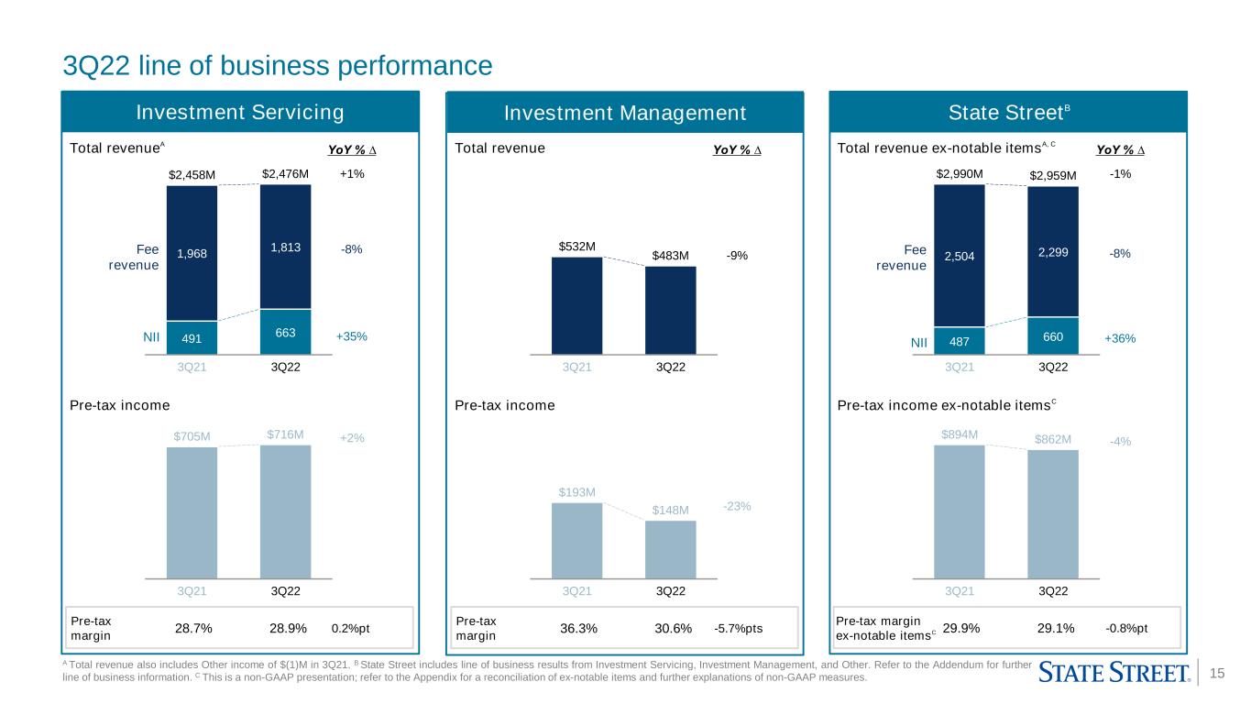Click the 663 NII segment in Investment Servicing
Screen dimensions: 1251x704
(285, 332)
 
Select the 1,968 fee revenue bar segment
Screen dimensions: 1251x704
(192, 253)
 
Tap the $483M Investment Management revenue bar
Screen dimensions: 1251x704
(670, 310)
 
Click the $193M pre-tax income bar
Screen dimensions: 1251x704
(576, 541)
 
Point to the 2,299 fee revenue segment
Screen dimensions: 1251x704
(1053, 251)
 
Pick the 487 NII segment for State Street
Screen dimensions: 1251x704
(959, 341)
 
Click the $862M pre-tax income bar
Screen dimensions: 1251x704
(1053, 514)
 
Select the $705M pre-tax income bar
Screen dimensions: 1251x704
(192, 513)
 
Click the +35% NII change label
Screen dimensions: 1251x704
(351, 336)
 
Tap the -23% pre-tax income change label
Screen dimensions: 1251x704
(737, 506)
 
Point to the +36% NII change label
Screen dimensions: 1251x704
(1120, 338)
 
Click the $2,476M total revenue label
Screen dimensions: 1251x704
(285, 174)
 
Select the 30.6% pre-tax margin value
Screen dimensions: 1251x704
(673, 628)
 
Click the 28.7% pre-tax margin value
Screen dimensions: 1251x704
(193, 628)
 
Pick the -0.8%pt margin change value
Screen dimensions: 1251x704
(1125, 628)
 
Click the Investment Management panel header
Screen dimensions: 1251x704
(624, 113)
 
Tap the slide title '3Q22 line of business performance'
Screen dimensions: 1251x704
(278, 65)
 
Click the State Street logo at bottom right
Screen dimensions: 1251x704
(1114, 673)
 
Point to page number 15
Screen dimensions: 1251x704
(1217, 673)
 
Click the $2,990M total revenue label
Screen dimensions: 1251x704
(959, 174)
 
